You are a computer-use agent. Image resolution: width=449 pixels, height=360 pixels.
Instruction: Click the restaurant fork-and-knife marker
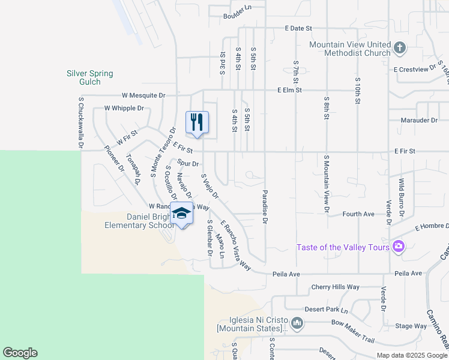(x=197, y=123)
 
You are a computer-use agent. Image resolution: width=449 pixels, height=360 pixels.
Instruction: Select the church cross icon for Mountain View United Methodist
(x=400, y=47)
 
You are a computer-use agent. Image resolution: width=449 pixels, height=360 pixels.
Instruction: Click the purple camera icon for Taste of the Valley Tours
(x=398, y=247)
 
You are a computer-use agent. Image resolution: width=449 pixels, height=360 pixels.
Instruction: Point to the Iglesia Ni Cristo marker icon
(x=297, y=324)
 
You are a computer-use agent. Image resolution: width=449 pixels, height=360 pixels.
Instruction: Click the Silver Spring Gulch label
(x=90, y=77)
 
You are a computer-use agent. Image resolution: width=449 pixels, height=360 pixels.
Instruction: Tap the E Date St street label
(x=299, y=28)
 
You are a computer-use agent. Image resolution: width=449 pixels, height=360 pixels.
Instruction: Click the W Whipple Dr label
(x=124, y=108)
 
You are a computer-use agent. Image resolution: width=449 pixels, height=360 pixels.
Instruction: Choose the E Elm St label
(x=289, y=90)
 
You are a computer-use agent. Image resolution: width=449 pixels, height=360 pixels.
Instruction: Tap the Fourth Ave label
(x=358, y=214)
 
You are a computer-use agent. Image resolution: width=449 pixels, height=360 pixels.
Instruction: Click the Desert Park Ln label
(x=327, y=311)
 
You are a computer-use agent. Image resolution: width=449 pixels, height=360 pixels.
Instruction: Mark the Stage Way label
(x=411, y=326)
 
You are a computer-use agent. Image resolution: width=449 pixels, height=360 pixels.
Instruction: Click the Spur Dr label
(x=188, y=163)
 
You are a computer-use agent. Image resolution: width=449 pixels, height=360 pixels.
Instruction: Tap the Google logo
(x=20, y=353)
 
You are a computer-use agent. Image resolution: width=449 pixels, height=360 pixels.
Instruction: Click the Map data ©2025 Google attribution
(x=411, y=355)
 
